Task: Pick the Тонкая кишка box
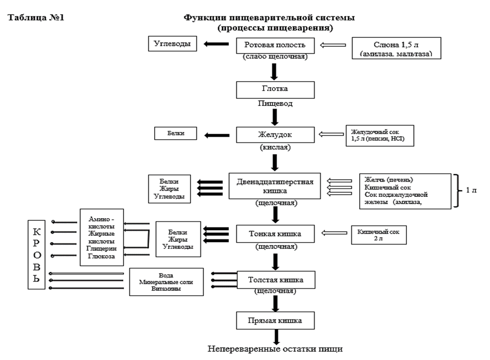(275, 234)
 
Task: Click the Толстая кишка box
(275, 281)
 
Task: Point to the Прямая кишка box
(275, 319)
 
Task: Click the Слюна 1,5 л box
(396, 48)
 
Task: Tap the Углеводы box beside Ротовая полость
(173, 44)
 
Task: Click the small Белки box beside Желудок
(176, 134)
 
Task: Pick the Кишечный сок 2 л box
(378, 234)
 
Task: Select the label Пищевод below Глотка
(275, 103)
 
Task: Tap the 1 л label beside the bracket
(471, 191)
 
